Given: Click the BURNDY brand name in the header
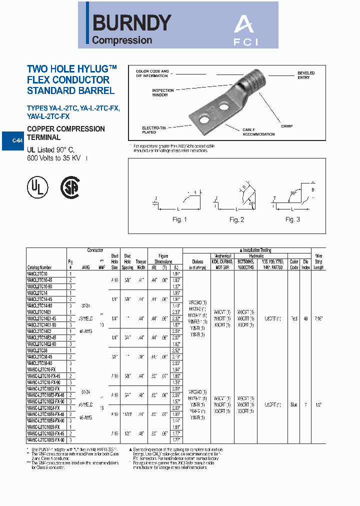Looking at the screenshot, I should pyautogui.click(x=132, y=22).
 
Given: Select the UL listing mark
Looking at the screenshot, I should pyautogui.click(x=37, y=186).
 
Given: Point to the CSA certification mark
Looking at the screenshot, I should pyautogui.click(x=69, y=186).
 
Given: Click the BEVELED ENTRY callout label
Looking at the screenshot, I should pyautogui.click(x=305, y=75).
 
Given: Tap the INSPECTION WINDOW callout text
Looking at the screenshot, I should pyautogui.click(x=162, y=92).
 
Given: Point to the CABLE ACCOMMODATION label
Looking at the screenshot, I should pyautogui.click(x=258, y=131).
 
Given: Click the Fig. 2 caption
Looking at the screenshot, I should pyautogui.click(x=236, y=220).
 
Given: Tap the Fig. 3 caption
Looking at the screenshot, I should pyautogui.click(x=292, y=219).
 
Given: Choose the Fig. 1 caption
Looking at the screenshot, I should pyautogui.click(x=179, y=220).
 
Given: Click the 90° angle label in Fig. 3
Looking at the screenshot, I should pyautogui.click(x=293, y=192).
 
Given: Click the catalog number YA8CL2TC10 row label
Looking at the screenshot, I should pyautogui.click(x=37, y=273).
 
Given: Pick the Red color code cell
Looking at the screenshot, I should pyautogui.click(x=294, y=318).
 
